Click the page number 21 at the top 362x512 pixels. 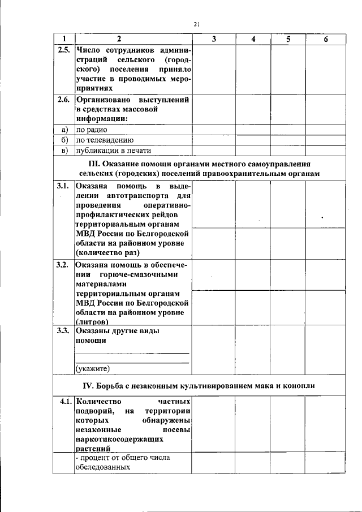(196, 24)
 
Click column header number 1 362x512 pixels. (63, 38)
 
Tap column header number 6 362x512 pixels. (325, 38)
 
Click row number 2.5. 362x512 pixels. (63, 49)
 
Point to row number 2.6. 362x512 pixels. (63, 99)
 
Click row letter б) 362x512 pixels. (64, 140)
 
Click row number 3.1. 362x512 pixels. (63, 186)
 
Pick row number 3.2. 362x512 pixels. (63, 264)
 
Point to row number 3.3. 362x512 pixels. (63, 331)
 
